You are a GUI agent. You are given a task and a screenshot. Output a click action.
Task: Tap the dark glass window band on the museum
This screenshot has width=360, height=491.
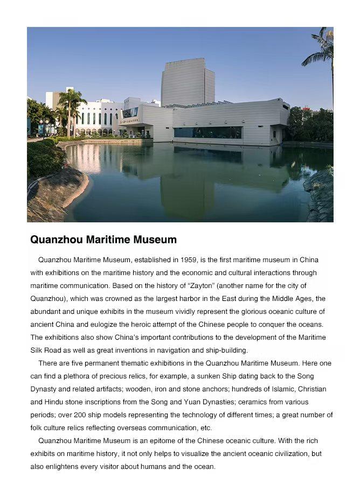pyautogui.click(x=207, y=132)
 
